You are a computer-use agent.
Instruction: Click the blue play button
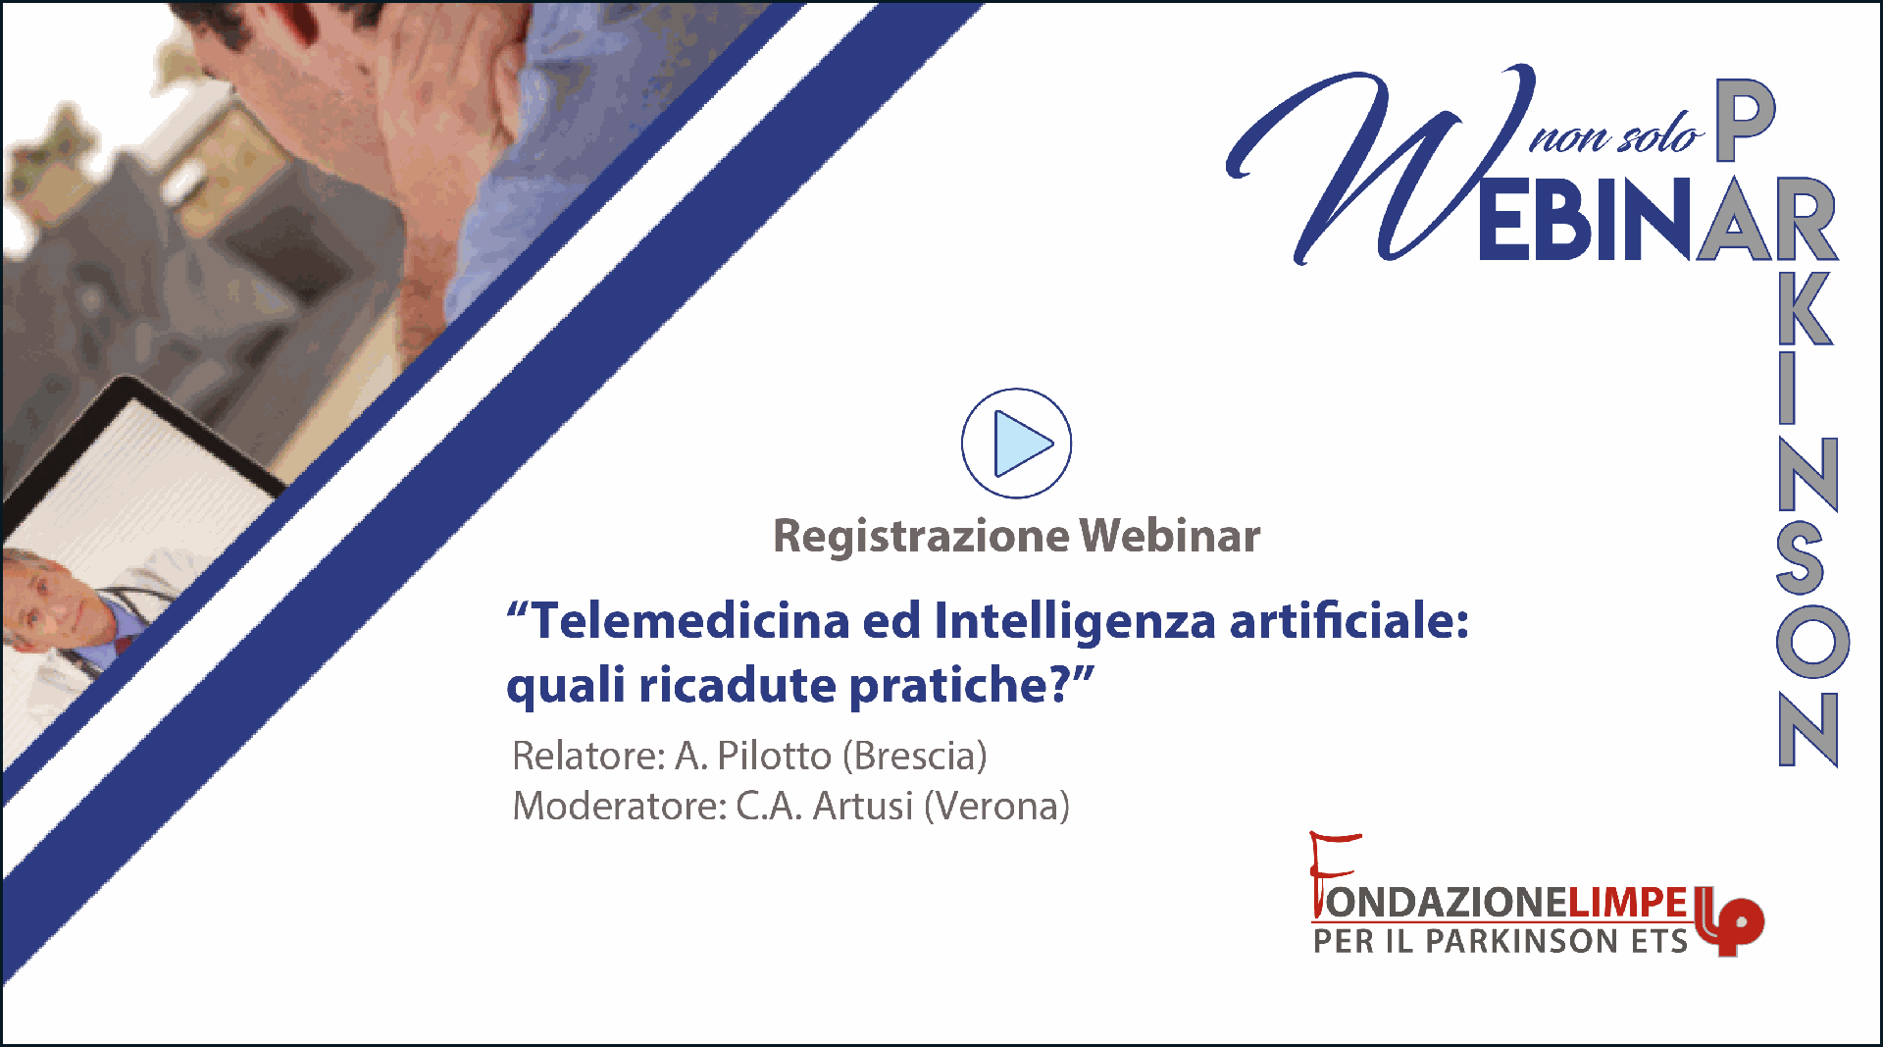click(1016, 444)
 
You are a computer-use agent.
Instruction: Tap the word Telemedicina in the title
click(690, 621)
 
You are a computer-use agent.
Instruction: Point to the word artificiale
click(1349, 621)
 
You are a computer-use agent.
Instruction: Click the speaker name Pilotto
click(775, 756)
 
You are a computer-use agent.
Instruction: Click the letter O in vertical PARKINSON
click(1812, 641)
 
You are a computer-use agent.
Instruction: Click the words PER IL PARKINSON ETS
click(1501, 941)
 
